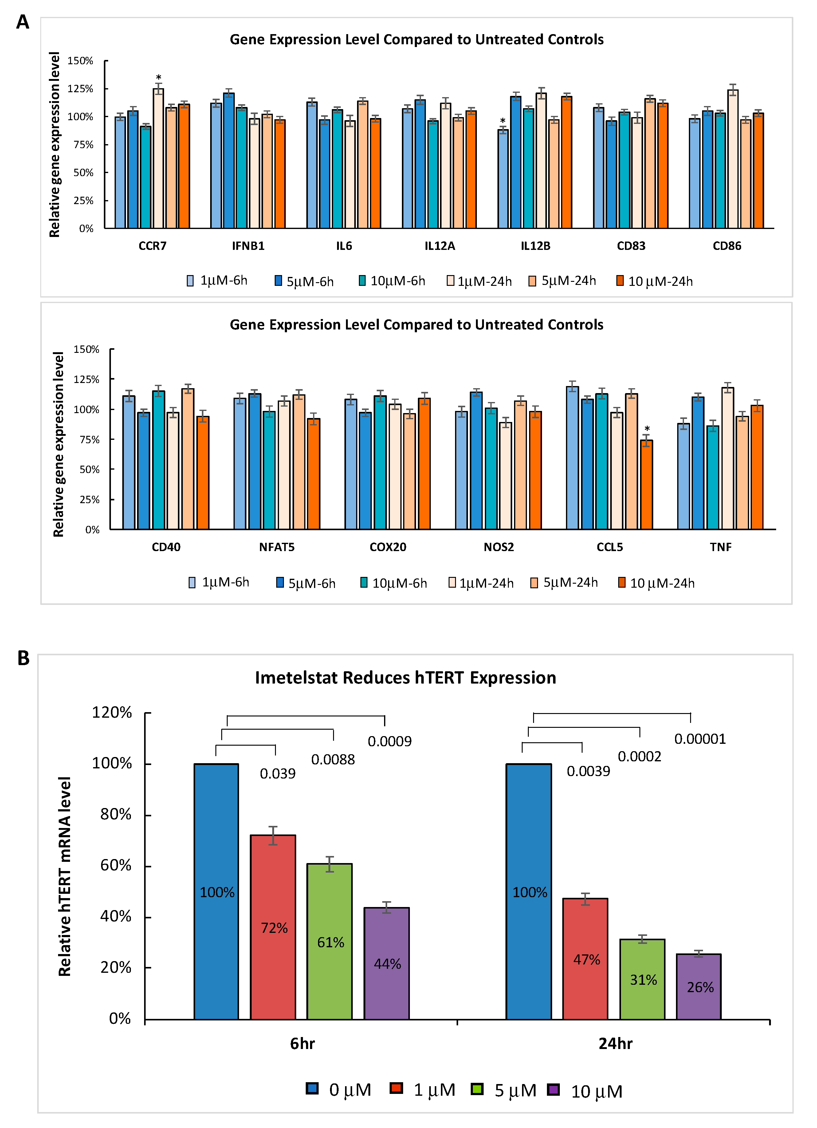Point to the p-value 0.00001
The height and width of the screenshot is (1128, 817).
[x=700, y=739]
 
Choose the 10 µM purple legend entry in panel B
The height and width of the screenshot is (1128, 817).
[x=585, y=1091]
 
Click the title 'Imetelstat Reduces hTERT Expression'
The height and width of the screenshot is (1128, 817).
[x=405, y=678]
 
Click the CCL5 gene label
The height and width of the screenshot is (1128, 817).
[x=610, y=547]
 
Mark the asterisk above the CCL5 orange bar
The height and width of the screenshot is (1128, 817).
[x=647, y=429]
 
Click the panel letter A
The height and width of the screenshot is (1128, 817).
[x=23, y=22]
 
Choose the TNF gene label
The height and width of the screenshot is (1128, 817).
[x=721, y=547]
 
